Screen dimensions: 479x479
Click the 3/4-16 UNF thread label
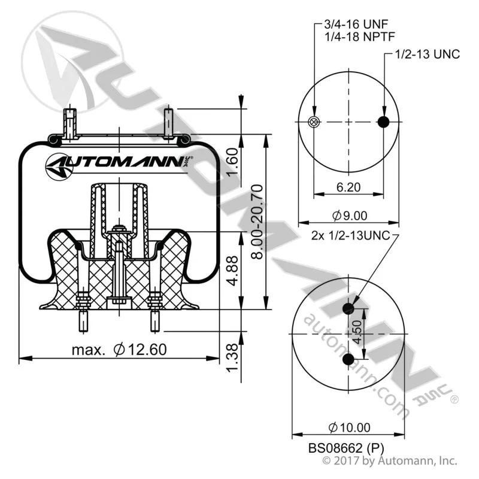tap(356, 24)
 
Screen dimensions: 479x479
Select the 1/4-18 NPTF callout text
tap(360, 37)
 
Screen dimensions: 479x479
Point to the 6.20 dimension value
tap(348, 187)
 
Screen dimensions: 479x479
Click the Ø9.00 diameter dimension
tap(350, 216)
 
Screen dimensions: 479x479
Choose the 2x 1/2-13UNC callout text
tap(351, 235)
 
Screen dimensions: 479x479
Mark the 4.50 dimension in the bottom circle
tap(357, 332)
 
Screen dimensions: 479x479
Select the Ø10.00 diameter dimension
tap(349, 428)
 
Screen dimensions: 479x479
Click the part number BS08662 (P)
tap(346, 448)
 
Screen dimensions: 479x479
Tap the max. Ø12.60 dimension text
tap(119, 350)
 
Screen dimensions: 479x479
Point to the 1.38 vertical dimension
tap(232, 357)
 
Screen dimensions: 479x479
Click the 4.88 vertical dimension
tap(233, 271)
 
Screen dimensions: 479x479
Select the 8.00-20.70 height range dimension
tap(257, 222)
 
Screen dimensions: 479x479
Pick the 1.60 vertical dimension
tap(233, 162)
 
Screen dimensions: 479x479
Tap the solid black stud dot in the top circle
tap(383, 122)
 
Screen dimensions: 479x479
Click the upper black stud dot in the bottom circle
tap(348, 308)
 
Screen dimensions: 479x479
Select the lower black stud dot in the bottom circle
tap(348, 359)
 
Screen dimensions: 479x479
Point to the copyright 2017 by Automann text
tap(390, 461)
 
